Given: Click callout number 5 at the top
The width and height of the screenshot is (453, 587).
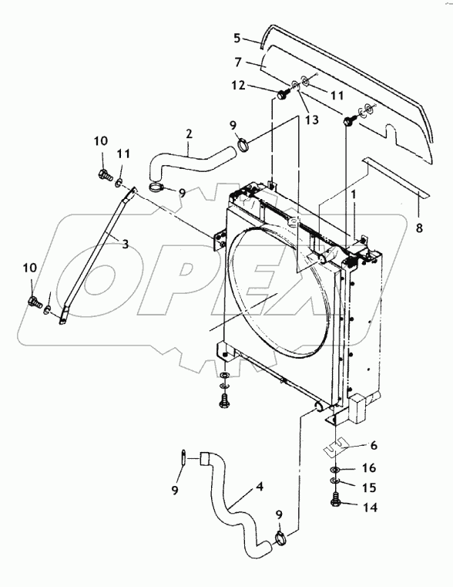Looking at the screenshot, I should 238,37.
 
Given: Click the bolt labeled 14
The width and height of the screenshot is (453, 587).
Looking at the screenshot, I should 336,503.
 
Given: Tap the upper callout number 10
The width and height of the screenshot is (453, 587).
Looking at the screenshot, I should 102,140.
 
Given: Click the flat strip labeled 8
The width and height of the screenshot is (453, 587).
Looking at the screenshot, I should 393,175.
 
